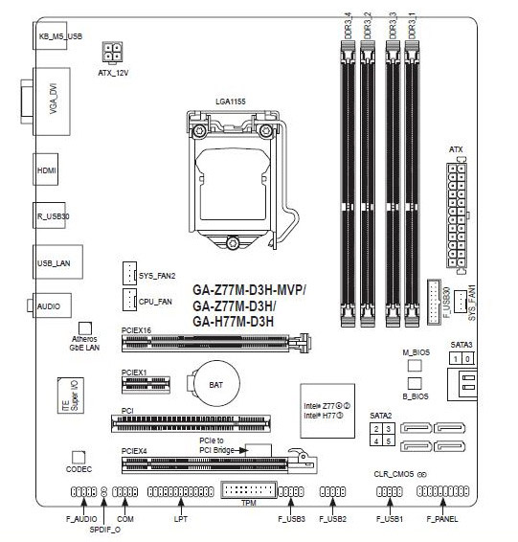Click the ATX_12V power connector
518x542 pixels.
coord(112,53)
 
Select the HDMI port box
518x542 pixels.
coord(46,169)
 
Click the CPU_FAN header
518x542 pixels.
coord(129,300)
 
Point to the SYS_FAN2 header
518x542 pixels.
coord(129,274)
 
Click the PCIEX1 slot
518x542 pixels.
coord(146,385)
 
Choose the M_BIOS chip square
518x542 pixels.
coord(415,366)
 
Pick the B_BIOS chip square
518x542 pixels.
coord(415,384)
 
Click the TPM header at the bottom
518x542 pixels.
coord(248,489)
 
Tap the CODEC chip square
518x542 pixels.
coord(79,458)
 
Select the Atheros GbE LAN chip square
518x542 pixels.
coord(85,328)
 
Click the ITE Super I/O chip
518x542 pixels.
coord(71,395)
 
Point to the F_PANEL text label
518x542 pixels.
coord(442,519)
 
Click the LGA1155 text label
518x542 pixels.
coord(231,102)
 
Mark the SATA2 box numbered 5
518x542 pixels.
coord(389,441)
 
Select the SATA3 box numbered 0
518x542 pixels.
coord(467,359)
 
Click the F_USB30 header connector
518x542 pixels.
coord(434,302)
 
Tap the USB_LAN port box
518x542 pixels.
coord(57,262)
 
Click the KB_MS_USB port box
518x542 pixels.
coord(50,35)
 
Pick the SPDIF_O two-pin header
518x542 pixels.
coord(103,491)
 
